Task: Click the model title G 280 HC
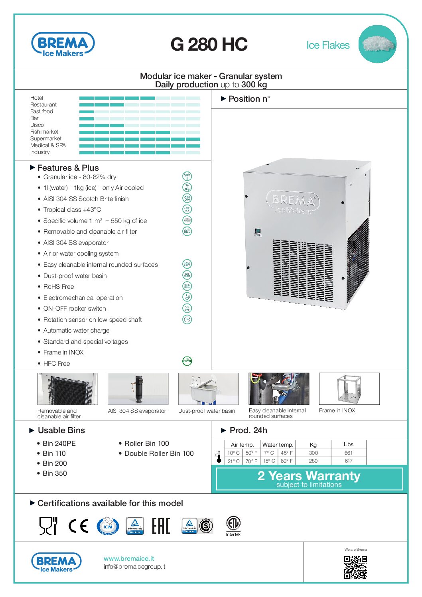pos(209,44)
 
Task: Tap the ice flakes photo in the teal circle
pos(377,44)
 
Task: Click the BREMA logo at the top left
pos(63,44)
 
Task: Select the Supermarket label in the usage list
pos(46,138)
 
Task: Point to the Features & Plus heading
pos(68,168)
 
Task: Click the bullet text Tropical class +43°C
pos(72,210)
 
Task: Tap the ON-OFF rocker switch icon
pos(187,308)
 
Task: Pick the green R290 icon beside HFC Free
pos(187,361)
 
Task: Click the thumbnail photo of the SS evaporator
pos(138,389)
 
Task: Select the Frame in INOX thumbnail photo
pos(349,389)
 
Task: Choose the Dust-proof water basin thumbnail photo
pos(208,389)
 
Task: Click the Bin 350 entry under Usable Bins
pos(55,473)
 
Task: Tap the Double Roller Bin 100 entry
pos(159,453)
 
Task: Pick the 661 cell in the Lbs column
pos(349,453)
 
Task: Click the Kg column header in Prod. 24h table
pos(313,445)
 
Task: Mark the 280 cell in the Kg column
pos(313,461)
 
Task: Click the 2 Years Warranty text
pos(309,476)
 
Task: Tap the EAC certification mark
pos(161,526)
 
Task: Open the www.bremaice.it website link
pos(129,558)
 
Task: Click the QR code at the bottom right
pos(355,567)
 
